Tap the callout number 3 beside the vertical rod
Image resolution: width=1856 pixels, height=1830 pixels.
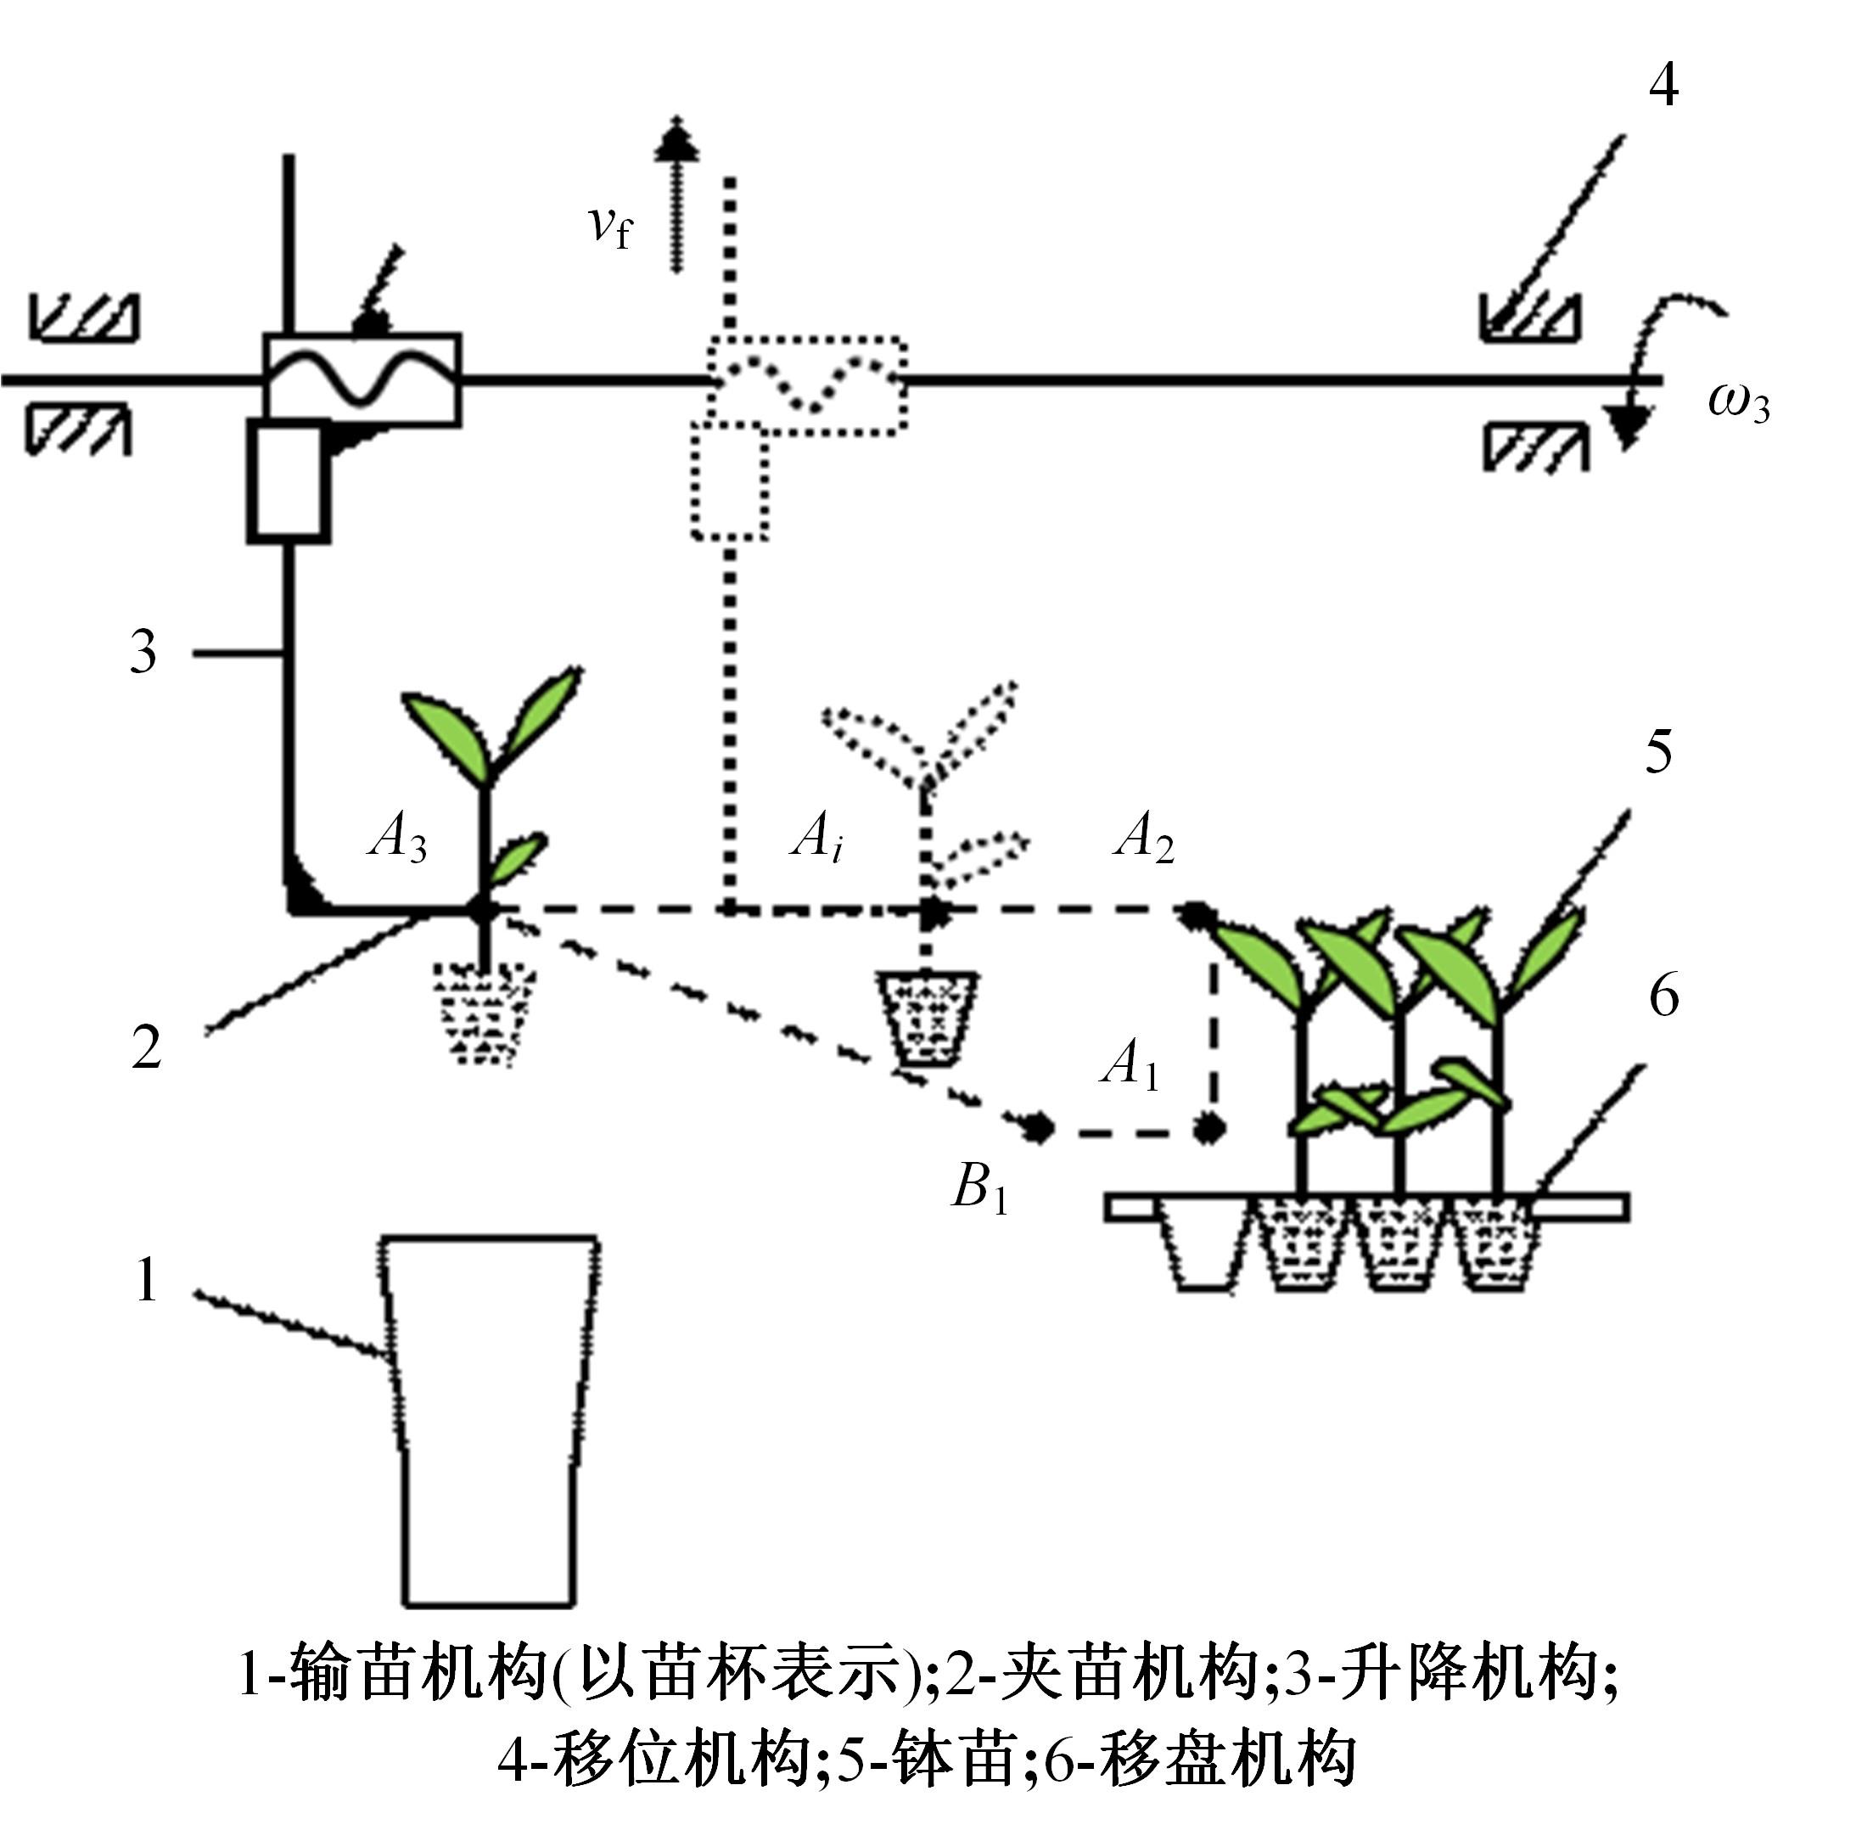(143, 654)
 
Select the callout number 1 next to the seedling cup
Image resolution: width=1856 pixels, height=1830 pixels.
(146, 1280)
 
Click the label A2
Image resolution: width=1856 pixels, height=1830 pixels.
(1144, 836)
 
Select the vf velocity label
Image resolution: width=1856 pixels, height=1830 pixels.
(609, 226)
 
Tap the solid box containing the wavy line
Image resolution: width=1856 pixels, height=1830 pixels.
(362, 379)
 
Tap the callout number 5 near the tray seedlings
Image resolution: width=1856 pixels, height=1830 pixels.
(1659, 751)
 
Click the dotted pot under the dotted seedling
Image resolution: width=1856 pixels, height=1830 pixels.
(927, 1019)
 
